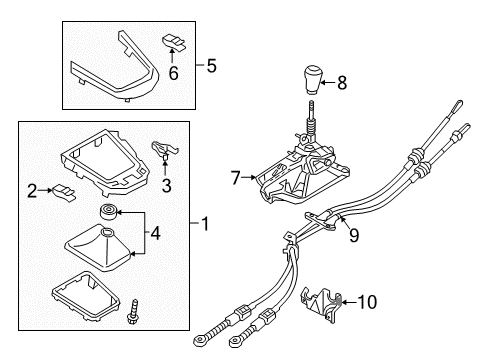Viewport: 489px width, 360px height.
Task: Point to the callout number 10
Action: click(x=366, y=298)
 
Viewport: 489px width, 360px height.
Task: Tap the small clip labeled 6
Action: click(x=174, y=41)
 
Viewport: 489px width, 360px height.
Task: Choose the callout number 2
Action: click(x=32, y=189)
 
